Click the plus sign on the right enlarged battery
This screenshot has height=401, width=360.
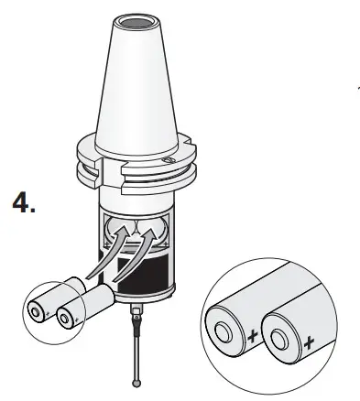click(309, 345)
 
